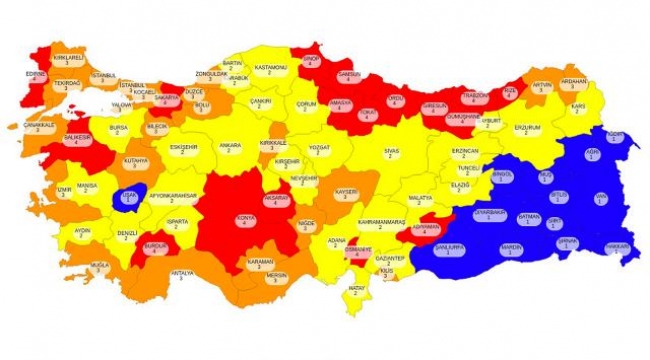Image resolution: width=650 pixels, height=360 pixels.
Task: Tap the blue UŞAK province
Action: (x=130, y=196)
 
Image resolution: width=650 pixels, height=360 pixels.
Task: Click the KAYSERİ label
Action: (x=346, y=193)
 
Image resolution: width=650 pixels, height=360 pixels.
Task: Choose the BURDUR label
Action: (x=155, y=247)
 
